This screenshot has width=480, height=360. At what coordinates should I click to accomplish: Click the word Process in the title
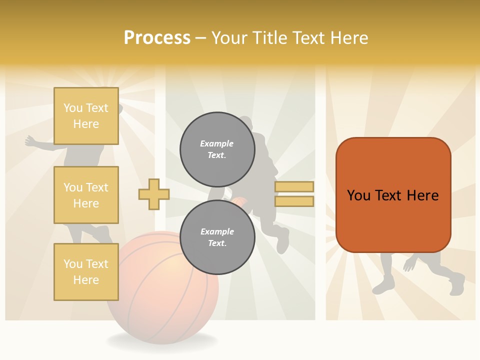click(x=157, y=38)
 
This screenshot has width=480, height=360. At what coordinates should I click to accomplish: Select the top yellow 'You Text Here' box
click(x=86, y=116)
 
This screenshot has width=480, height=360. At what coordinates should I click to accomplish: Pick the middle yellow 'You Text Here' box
click(x=86, y=195)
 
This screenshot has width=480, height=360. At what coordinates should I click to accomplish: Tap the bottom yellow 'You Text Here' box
click(x=86, y=271)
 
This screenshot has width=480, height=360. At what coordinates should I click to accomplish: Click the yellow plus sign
click(x=154, y=194)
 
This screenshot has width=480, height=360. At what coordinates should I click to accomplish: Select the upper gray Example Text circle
click(x=217, y=149)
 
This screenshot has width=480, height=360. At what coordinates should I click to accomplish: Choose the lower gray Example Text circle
click(x=217, y=237)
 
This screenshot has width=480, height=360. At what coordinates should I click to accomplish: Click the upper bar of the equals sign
click(x=294, y=186)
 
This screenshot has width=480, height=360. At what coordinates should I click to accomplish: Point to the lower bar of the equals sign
click(x=294, y=201)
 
